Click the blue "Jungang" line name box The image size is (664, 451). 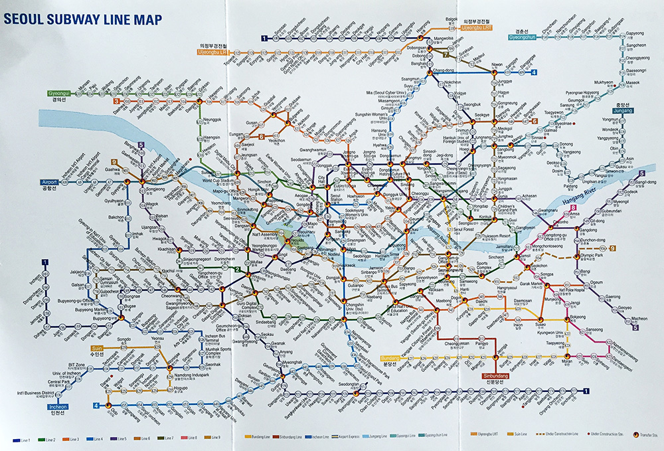(614, 110)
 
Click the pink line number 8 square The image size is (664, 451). (573, 209)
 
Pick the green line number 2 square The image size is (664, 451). (237, 269)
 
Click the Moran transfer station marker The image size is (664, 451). (566, 353)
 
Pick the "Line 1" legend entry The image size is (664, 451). (23, 440)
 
